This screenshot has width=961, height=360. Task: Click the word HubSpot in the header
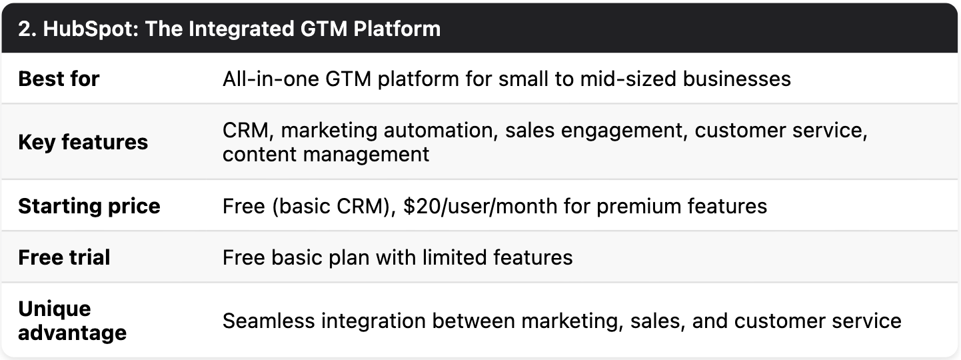pyautogui.click(x=91, y=29)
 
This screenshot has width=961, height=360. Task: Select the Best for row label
pyautogui.click(x=59, y=79)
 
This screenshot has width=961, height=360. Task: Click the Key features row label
pyautogui.click(x=83, y=142)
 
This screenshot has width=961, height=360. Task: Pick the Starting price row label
pyautogui.click(x=89, y=206)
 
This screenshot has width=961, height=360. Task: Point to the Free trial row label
pyautogui.click(x=65, y=257)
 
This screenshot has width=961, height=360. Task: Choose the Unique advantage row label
pyautogui.click(x=73, y=321)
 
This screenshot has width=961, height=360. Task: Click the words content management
pyautogui.click(x=326, y=155)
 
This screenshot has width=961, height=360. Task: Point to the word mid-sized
pyautogui.click(x=628, y=79)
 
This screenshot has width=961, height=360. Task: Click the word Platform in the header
pyautogui.click(x=397, y=29)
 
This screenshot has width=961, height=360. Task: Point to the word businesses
pyautogui.click(x=737, y=79)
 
